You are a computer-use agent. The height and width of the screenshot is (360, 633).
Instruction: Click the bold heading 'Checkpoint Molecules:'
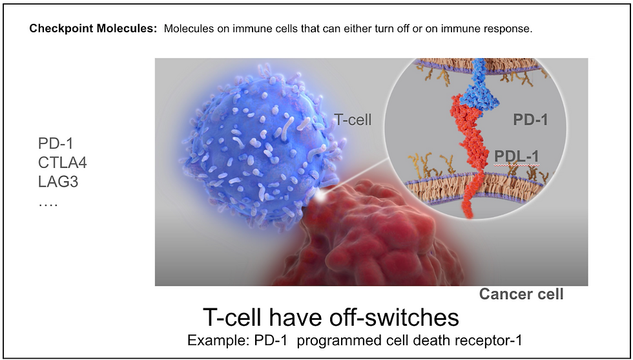pos(93,29)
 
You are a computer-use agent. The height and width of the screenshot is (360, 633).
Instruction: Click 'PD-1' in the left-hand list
pos(56,143)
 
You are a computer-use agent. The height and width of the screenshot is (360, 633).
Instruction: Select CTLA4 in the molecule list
pos(63,163)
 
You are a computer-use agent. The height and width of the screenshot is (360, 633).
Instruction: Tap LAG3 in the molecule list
pos(58,182)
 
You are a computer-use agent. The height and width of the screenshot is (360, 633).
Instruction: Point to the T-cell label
pos(353,120)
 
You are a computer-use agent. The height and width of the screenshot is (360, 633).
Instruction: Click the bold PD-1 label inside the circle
pos(530,120)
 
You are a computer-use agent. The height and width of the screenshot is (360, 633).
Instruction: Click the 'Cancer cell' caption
pos(521,293)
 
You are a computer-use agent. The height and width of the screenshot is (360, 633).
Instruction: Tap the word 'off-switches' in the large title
pos(395,317)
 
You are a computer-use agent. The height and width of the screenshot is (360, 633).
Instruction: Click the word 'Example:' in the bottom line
pos(218,340)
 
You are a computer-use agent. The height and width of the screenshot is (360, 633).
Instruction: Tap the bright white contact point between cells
pos(322,196)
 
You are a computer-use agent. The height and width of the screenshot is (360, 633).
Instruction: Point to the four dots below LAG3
pos(48,204)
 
